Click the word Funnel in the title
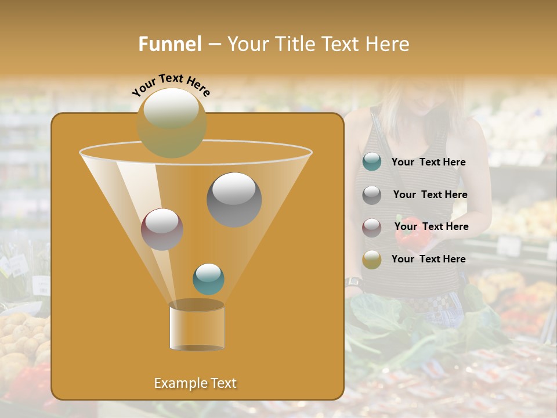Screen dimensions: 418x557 click(170, 44)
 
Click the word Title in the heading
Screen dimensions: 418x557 click(296, 44)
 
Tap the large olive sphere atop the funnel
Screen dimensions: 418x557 click(171, 122)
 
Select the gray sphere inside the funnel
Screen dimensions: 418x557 click(234, 200)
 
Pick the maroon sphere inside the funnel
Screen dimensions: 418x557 click(162, 229)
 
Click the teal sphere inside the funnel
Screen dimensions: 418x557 click(208, 279)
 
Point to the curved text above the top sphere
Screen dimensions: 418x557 click(171, 85)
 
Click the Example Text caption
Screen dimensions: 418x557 click(196, 383)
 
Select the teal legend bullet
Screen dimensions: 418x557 click(372, 162)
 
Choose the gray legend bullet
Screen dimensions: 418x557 click(372, 195)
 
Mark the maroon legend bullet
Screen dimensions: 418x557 click(372, 228)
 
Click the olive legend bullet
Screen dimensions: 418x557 click(372, 260)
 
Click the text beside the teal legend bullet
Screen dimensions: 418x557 click(428, 163)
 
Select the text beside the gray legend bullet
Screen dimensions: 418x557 click(430, 195)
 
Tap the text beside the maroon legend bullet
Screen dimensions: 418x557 click(431, 227)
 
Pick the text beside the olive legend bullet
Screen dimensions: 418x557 click(428, 259)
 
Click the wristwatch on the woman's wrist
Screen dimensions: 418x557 click(353, 283)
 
